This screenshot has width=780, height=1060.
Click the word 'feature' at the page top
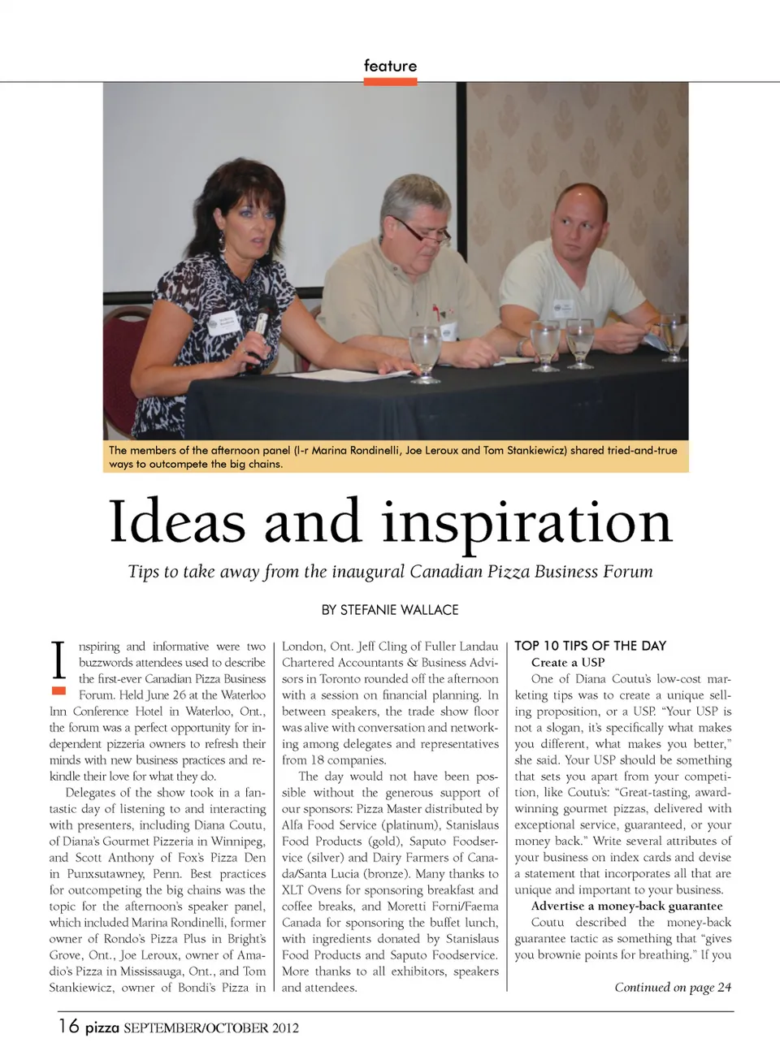(x=390, y=66)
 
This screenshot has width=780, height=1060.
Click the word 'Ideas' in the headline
(x=177, y=521)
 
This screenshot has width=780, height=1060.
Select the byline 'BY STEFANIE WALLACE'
(x=390, y=610)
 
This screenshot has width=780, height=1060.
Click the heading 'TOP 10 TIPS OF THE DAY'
(x=590, y=646)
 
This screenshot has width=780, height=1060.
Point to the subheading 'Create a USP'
(x=568, y=662)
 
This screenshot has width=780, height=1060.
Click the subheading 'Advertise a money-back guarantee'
(x=626, y=906)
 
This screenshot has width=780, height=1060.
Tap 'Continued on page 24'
(x=673, y=987)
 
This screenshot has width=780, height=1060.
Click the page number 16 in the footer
(x=68, y=1026)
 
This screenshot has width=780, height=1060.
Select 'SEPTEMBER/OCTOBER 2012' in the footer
(x=211, y=1028)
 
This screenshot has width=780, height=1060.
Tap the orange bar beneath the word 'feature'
(x=390, y=81)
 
